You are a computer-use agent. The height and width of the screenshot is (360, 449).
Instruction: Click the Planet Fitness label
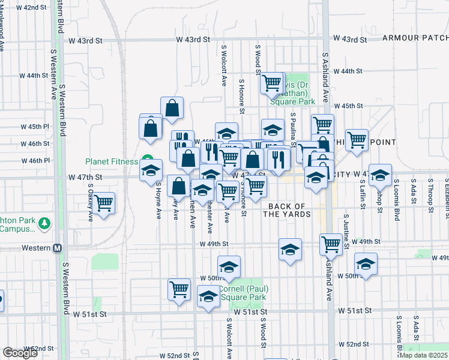(x=112, y=161)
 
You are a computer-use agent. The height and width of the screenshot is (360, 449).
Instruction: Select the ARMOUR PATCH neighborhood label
(x=416, y=38)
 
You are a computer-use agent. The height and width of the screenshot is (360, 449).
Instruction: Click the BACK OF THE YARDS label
(x=287, y=210)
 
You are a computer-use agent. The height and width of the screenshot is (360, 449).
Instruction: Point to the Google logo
(x=20, y=353)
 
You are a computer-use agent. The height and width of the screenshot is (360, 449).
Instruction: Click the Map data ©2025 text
(x=423, y=355)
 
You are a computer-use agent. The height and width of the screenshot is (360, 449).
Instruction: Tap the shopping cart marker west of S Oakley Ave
(x=104, y=203)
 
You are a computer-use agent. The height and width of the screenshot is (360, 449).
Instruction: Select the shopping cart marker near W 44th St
(x=271, y=82)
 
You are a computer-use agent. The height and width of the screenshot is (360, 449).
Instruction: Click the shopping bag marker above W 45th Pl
(x=172, y=108)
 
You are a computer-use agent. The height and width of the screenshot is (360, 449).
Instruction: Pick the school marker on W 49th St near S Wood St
(x=290, y=249)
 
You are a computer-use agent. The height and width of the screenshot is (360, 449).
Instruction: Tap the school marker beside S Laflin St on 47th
(x=380, y=175)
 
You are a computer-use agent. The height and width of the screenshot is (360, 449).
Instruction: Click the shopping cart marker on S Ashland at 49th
(x=331, y=244)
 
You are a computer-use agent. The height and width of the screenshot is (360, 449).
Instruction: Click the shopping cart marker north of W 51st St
(x=179, y=290)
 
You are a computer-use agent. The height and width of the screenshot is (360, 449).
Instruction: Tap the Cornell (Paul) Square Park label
(x=243, y=292)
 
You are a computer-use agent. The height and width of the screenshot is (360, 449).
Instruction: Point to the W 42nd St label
(x=32, y=7)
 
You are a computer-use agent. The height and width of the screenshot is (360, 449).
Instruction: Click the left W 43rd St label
(x=193, y=40)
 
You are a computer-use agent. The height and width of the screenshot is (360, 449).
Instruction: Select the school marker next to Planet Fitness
(x=151, y=170)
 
